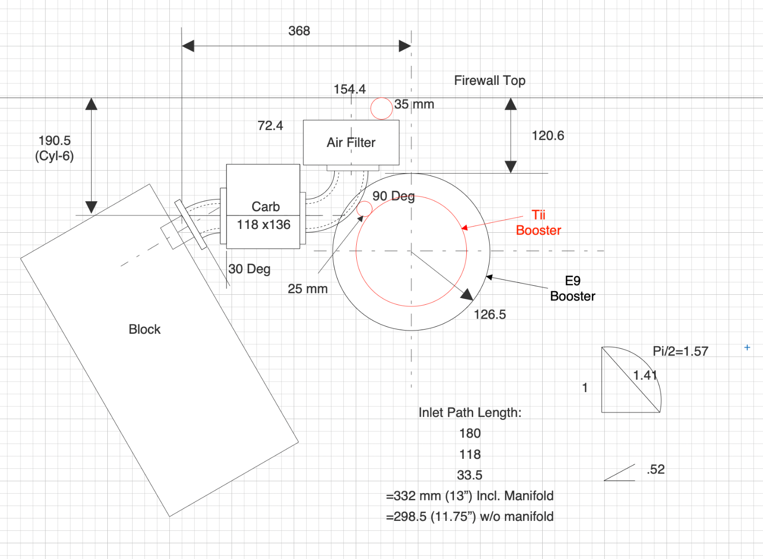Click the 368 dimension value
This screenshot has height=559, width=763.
pyautogui.click(x=299, y=31)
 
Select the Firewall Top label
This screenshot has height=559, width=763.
pyautogui.click(x=489, y=81)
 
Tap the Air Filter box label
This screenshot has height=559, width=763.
pyautogui.click(x=351, y=143)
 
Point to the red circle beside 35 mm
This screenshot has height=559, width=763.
pyautogui.click(x=381, y=108)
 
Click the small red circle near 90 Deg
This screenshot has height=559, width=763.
pyautogui.click(x=364, y=208)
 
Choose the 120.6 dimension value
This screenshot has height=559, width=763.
pyautogui.click(x=547, y=136)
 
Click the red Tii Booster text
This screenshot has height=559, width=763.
pyautogui.click(x=538, y=223)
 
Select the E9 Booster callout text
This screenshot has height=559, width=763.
pyautogui.click(x=572, y=289)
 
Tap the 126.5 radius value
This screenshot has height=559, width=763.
pyautogui.click(x=490, y=315)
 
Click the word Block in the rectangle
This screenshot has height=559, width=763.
pyautogui.click(x=144, y=330)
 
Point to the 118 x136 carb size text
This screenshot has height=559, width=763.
pyautogui.click(x=263, y=225)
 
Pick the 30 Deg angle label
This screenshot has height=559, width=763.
pyautogui.click(x=249, y=269)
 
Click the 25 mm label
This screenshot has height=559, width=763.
pyautogui.click(x=308, y=289)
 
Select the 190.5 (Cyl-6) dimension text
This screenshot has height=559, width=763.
pyautogui.click(x=54, y=148)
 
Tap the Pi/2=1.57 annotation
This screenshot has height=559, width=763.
pyautogui.click(x=680, y=352)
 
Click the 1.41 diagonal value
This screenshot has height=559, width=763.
pyautogui.click(x=645, y=375)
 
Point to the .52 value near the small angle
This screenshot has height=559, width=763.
pyautogui.click(x=656, y=469)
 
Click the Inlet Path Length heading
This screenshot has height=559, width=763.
pyautogui.click(x=470, y=413)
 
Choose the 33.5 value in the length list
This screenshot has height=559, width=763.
pyautogui.click(x=470, y=476)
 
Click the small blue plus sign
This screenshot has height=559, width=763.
pyautogui.click(x=747, y=348)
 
